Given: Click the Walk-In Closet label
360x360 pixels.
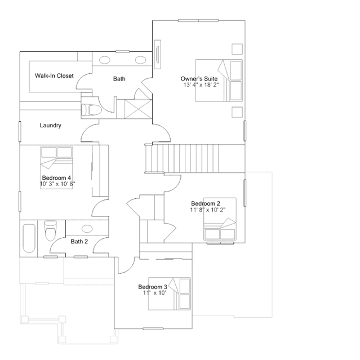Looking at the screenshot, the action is coord(54,75).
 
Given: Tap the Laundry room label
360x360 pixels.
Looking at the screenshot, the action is coord(51,126).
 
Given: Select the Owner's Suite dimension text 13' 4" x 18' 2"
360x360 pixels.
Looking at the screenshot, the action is coord(201,85).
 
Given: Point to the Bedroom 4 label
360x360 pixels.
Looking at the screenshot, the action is coord(56,177).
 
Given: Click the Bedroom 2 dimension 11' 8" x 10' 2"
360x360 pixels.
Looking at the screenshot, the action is coord(208,210).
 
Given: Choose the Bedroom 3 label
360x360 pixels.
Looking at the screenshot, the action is coord(153,287).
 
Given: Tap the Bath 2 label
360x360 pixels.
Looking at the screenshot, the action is coord(79,242).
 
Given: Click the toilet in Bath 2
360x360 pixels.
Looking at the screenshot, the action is coord(51,230).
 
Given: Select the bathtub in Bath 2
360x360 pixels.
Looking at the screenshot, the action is coord(29,238).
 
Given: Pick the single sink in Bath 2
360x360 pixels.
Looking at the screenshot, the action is coord(87,229).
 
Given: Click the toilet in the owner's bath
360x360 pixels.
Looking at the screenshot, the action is coord(92,110).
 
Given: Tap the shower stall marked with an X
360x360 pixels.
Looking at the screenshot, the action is coord(138,109).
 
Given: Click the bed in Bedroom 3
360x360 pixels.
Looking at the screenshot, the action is coord(170,294).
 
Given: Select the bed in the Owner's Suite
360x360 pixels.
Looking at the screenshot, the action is coord(219,81).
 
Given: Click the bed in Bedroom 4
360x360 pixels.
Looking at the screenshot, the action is coord(56,168).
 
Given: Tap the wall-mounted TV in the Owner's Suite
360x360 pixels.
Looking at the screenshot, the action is coord(158,55).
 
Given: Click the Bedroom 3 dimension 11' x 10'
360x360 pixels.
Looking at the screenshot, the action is coord(154,293).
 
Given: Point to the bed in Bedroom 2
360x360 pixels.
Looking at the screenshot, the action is coord(220,219).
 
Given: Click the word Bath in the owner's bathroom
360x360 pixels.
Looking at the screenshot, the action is coord(119,79).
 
